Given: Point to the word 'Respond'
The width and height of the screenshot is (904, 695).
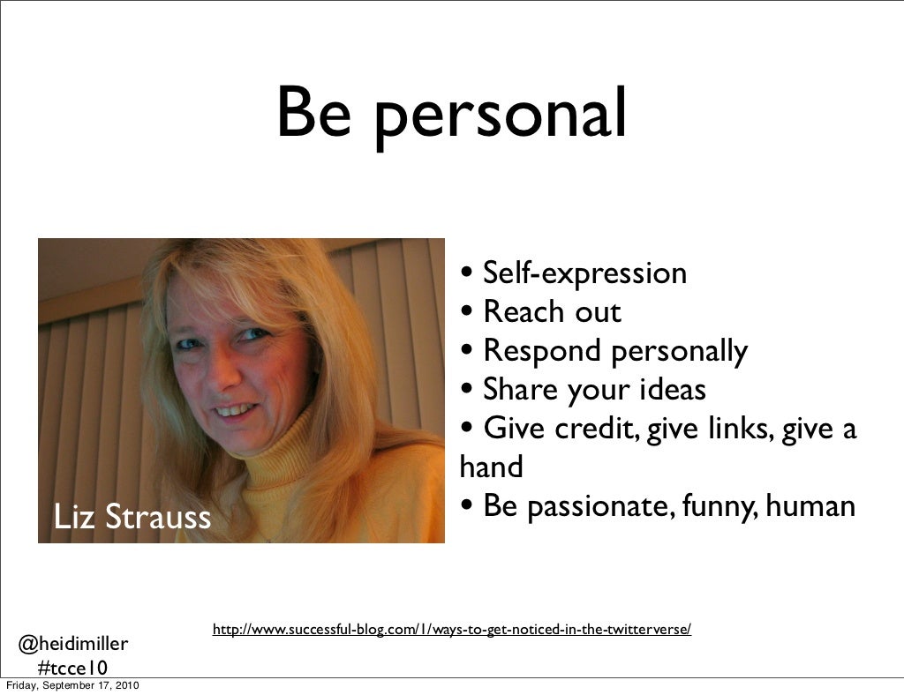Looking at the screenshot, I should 541,351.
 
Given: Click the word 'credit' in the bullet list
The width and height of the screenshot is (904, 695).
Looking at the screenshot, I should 596,429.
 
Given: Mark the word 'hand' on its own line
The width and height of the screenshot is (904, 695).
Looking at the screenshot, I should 491,467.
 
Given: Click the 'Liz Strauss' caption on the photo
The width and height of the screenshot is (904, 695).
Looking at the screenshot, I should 132,517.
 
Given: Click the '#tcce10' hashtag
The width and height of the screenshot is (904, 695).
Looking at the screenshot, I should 72,669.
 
